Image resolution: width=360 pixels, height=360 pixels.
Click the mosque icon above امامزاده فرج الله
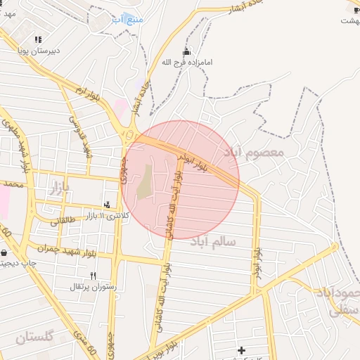pyautogui.click(x=186, y=51)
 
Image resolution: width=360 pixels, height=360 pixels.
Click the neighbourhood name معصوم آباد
pyautogui.click(x=253, y=152)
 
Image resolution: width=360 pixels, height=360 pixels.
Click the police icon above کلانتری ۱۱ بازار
pyautogui.click(x=107, y=205)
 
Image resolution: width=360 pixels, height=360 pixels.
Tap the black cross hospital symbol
pyautogui.click(x=241, y=349)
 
